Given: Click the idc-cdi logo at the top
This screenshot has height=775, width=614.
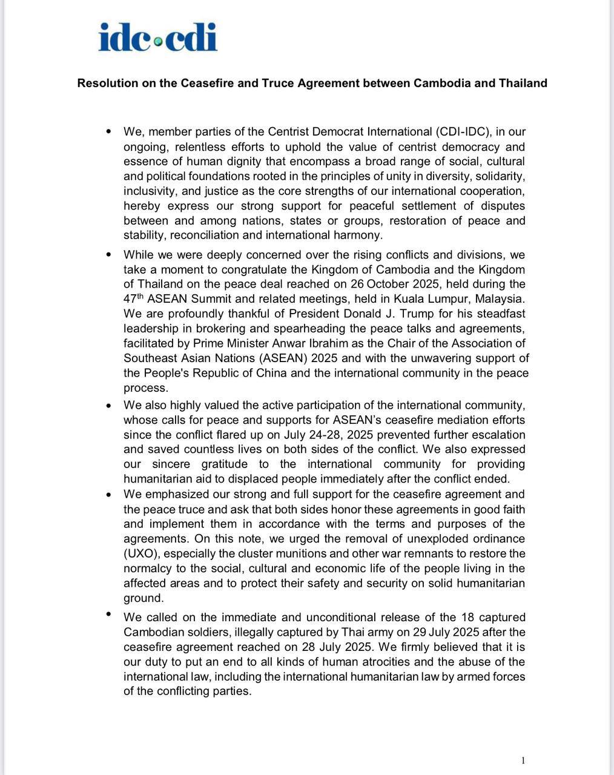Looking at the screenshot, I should (x=157, y=37).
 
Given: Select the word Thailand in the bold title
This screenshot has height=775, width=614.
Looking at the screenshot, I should (x=523, y=83).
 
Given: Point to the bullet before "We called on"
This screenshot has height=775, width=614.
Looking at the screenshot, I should (x=109, y=615).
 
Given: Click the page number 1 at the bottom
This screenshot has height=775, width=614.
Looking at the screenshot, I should (x=523, y=760).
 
